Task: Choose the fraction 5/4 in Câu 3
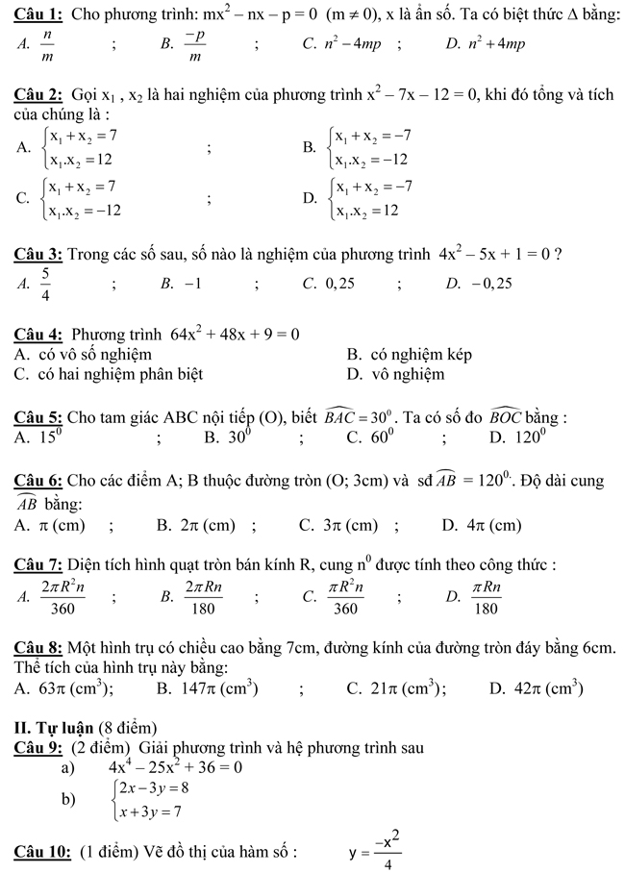point(44,284)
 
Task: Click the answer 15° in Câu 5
point(49,437)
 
